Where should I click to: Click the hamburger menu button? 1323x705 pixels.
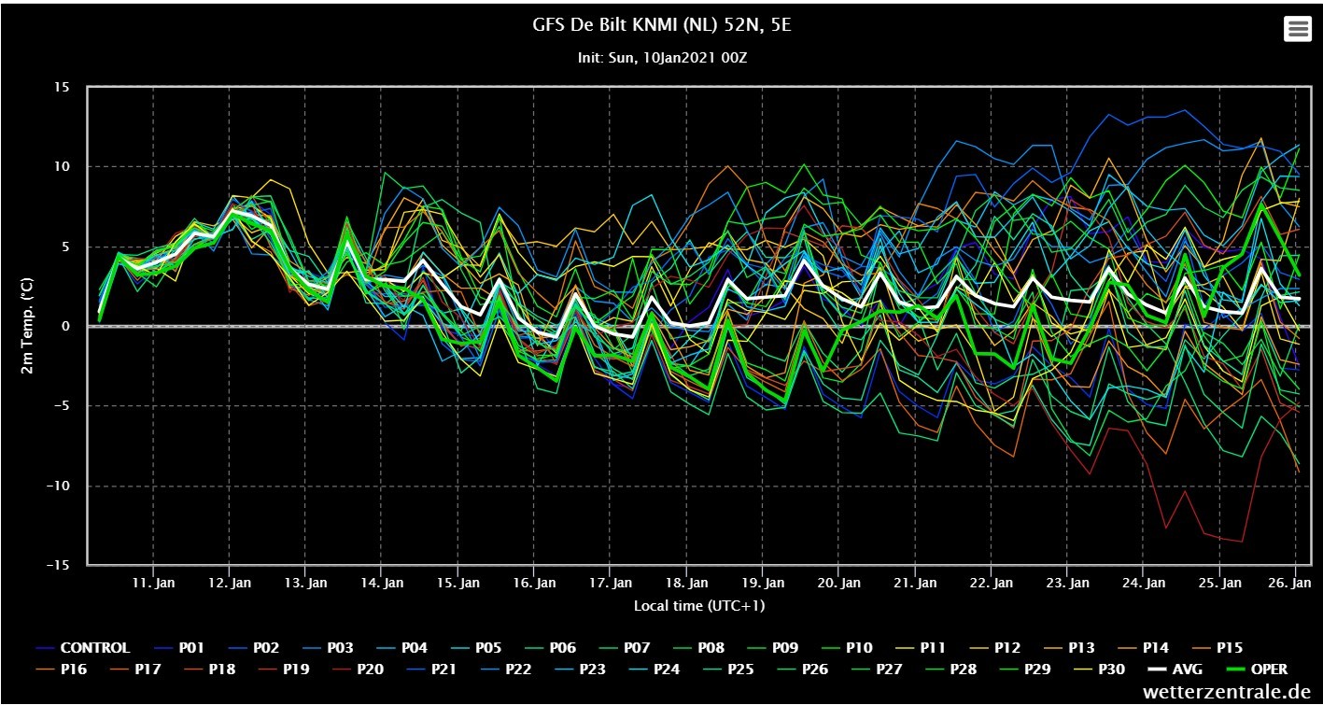coord(1297,29)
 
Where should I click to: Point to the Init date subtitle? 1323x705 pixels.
coord(662,58)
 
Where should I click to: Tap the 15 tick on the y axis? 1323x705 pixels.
coord(62,88)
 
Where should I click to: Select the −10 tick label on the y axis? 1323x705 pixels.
coord(58,486)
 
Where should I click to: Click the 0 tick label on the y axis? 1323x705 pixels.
coord(65,326)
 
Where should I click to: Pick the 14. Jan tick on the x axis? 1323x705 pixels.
coord(382,583)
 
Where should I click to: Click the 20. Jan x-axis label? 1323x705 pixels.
coord(838,583)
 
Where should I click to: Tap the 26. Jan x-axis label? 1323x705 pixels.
coord(1289,583)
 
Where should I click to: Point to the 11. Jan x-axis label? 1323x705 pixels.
coord(153,583)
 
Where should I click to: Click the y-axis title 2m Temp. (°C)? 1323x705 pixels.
coord(27,326)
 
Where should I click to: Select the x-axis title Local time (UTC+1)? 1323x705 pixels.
coord(699,606)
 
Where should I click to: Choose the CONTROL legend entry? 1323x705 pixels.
coord(83,648)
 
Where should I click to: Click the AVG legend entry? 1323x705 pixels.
coord(1175,669)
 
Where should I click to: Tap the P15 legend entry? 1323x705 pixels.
coord(1217,648)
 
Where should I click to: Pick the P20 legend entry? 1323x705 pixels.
coord(358,669)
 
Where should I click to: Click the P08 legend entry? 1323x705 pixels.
coord(698,648)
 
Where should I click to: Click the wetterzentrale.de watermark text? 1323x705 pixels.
coord(1227,691)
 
